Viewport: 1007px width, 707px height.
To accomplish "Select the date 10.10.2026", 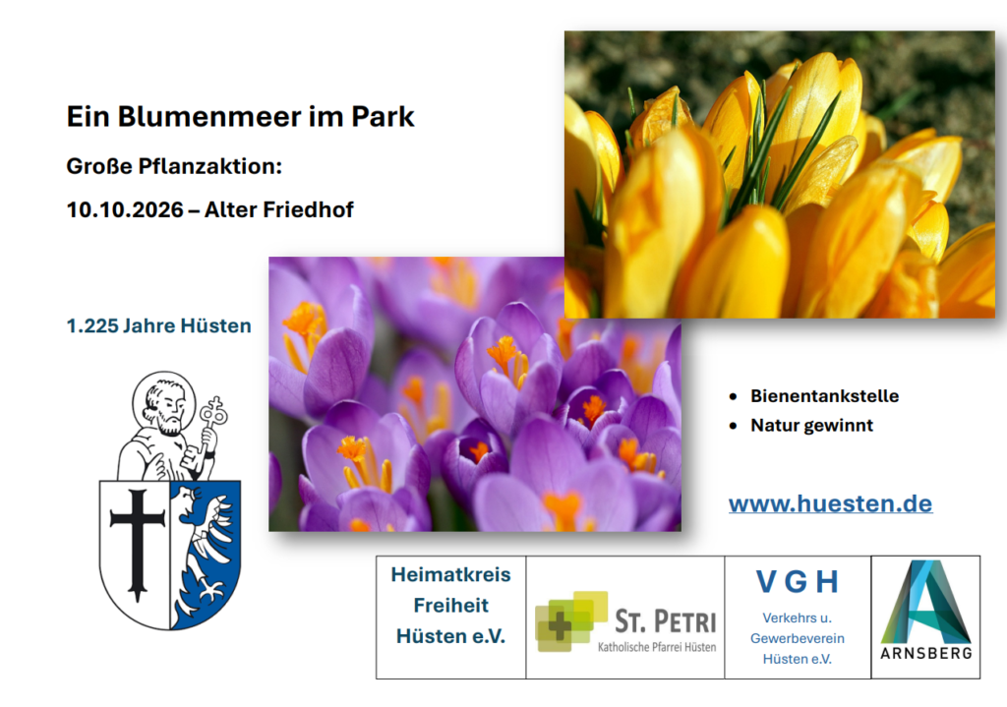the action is coord(125,210).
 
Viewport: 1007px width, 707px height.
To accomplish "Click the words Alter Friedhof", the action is coord(278,210).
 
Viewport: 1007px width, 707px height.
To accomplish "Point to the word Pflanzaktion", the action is coord(210,167).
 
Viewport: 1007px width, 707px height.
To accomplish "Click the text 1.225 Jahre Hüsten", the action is coord(158,325).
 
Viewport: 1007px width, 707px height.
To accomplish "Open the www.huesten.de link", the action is coord(830,503).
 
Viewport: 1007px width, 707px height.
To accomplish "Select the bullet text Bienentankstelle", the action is coord(825,395).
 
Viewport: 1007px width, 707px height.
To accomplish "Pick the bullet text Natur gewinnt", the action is coord(811,425).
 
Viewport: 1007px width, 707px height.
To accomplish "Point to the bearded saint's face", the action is coord(165,408).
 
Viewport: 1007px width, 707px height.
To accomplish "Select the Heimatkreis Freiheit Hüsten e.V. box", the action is coord(450,618).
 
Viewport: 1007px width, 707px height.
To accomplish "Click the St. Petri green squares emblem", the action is coord(571,620).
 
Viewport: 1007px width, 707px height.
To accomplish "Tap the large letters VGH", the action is coord(797,582).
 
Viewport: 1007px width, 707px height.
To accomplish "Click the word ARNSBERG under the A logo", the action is coord(925,653).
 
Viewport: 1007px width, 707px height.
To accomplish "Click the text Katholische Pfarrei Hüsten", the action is coord(656,647).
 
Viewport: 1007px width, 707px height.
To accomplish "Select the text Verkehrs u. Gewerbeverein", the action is coord(797,628).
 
